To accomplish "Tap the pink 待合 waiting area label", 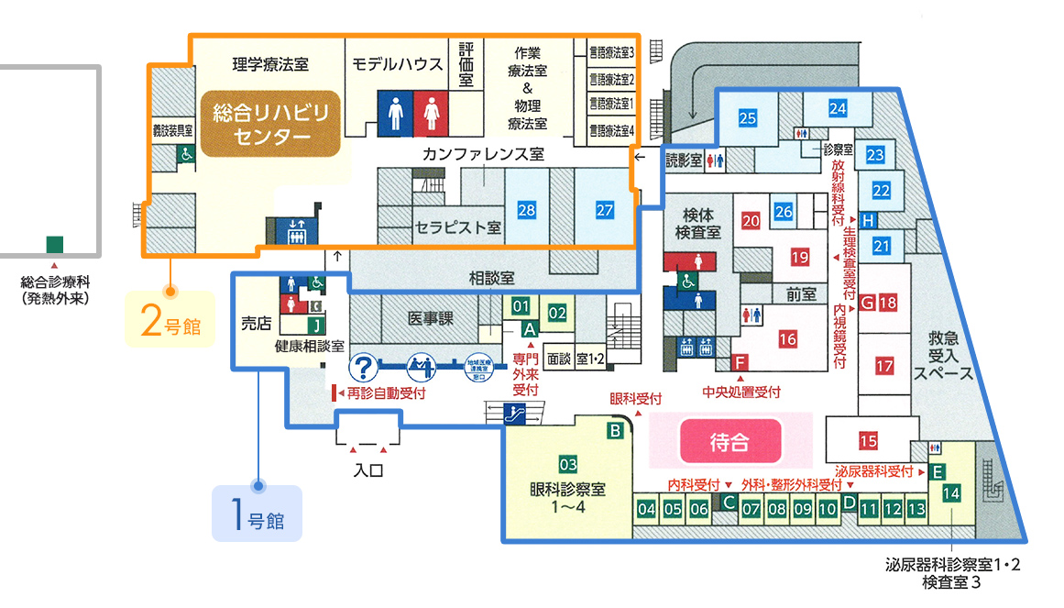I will [729, 442].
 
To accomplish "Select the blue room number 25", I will [747, 117].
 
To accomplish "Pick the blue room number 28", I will [526, 210].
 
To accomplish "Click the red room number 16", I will [787, 339].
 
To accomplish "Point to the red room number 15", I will [868, 441].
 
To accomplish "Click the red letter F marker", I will [739, 360].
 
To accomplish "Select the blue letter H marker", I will [867, 219].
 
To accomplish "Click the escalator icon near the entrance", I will [514, 414].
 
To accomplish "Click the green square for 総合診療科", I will [55, 244].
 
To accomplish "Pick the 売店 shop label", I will [257, 324].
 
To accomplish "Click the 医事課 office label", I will [430, 317].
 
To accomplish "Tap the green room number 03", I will [568, 463].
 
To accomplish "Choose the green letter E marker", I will [937, 472].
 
